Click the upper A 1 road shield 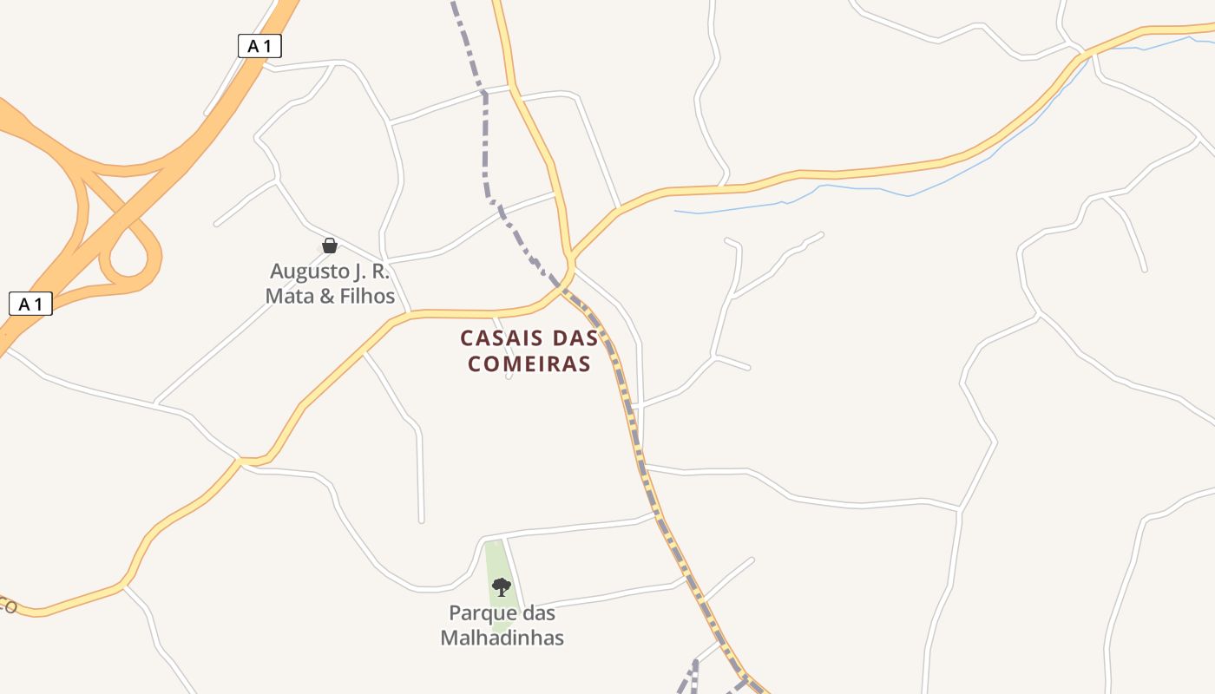(x=259, y=46)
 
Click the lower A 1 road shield (x=30, y=304)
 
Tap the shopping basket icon (x=329, y=246)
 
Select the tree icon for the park (x=501, y=587)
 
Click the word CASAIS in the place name (x=497, y=337)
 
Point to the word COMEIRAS (x=529, y=363)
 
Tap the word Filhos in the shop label (x=368, y=296)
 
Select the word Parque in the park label (x=481, y=613)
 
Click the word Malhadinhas (x=502, y=638)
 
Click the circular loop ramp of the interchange (x=130, y=256)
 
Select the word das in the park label (x=537, y=613)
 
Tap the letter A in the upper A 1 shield (x=253, y=46)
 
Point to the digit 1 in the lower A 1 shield (x=38, y=304)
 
